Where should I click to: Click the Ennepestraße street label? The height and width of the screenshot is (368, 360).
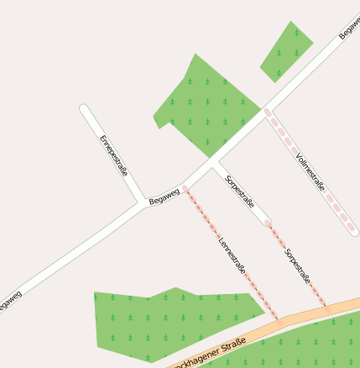(113, 155)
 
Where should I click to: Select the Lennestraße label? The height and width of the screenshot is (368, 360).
(232, 255)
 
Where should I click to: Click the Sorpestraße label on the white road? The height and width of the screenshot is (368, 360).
(240, 189)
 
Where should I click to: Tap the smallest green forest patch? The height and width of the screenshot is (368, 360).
(287, 51)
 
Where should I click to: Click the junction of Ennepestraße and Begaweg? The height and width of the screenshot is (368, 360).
(142, 203)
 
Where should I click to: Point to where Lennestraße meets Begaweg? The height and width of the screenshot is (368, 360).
(185, 187)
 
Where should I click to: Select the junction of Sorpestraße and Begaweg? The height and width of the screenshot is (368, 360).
(213, 163)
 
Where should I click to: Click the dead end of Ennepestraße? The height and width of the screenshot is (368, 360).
(84, 108)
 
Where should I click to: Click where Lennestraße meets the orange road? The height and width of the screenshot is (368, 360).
(279, 319)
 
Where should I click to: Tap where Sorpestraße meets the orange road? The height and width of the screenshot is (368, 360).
(326, 307)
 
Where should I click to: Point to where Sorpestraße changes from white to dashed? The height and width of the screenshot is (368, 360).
(268, 223)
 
